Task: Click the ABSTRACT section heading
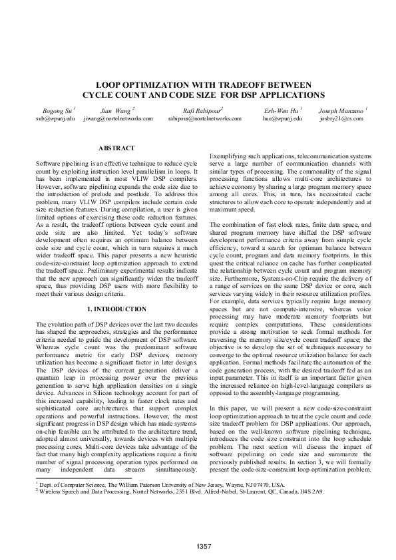tap(116, 148)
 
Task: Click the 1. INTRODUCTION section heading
tap(116, 309)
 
